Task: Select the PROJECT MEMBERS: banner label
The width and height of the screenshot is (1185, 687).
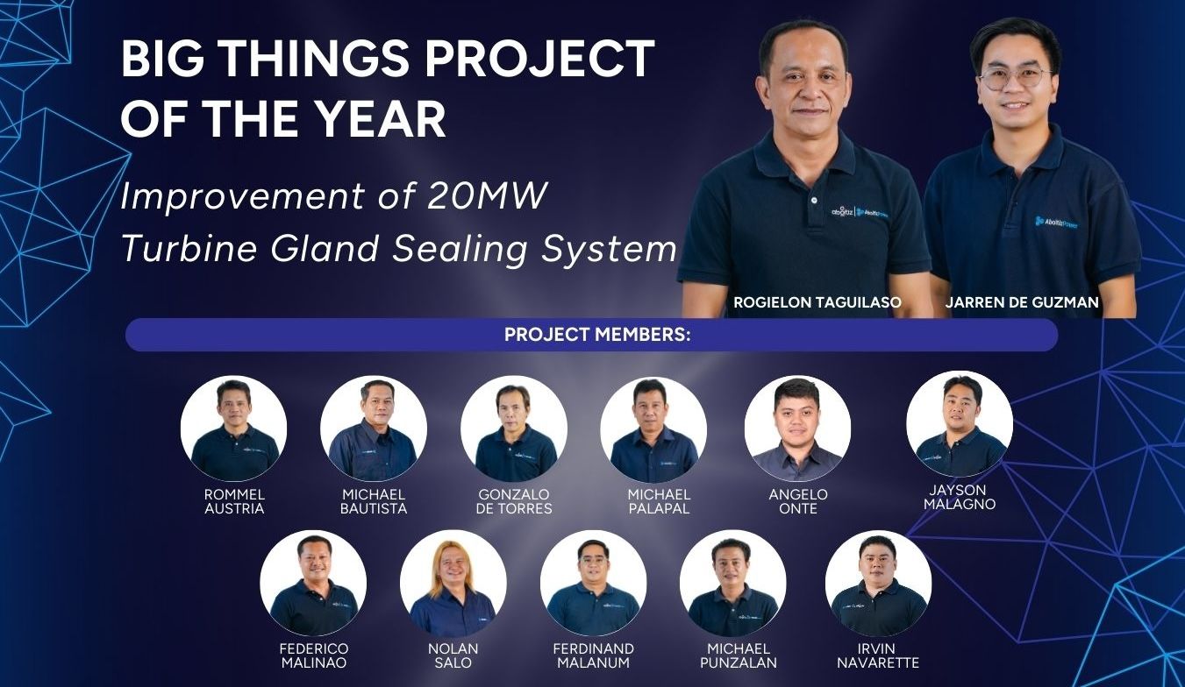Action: (x=597, y=335)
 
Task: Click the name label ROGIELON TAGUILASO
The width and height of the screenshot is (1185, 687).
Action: (x=817, y=302)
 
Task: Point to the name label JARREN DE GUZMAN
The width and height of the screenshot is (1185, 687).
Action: (x=1022, y=302)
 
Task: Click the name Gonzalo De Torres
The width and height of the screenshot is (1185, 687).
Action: (x=514, y=501)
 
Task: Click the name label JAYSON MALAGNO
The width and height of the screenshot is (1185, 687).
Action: (x=960, y=497)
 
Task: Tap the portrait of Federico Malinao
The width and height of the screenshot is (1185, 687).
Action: (x=313, y=583)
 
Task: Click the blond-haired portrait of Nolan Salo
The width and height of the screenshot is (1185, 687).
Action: (x=453, y=583)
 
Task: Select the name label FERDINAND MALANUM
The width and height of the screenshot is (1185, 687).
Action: (x=594, y=655)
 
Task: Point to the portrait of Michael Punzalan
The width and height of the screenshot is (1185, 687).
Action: (x=733, y=583)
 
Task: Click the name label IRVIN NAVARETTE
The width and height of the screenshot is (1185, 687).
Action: (x=878, y=655)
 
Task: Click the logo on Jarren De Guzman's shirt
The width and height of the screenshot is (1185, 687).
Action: (x=1056, y=223)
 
